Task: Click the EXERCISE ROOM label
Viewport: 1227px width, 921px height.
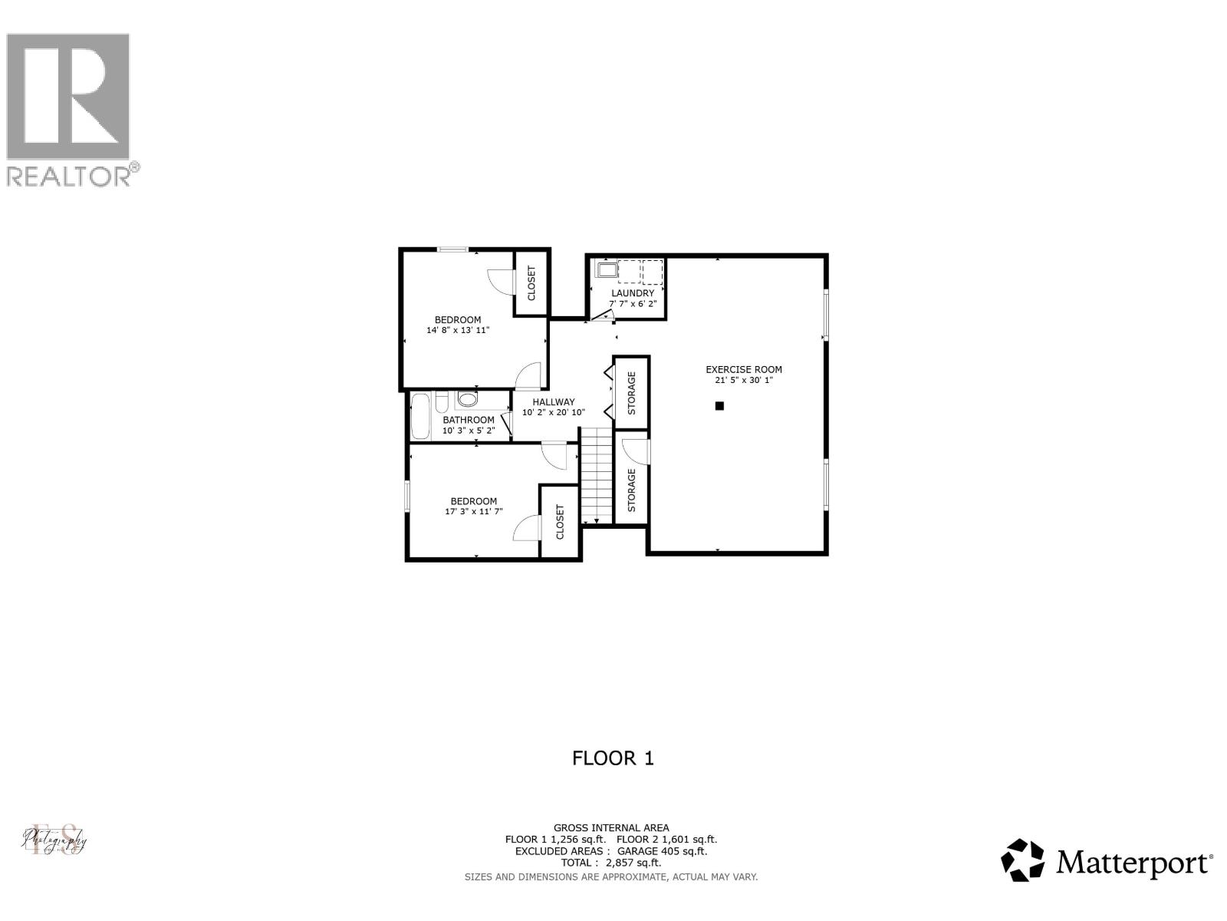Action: [744, 369]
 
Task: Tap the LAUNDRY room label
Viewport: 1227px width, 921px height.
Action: [633, 293]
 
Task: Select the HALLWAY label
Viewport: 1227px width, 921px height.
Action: [554, 401]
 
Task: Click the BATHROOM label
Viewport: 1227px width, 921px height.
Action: [468, 420]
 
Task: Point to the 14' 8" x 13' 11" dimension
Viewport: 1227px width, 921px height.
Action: [458, 330]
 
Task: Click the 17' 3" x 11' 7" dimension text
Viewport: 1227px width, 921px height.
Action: [473, 511]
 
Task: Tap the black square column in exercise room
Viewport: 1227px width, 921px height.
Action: [719, 406]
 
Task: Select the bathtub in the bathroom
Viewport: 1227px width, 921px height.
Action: [419, 415]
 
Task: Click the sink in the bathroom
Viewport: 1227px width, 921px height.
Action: [467, 399]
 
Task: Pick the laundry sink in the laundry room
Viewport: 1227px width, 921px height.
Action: [607, 270]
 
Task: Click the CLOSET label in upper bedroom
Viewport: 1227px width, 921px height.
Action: [531, 283]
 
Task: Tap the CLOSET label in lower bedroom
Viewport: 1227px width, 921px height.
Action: [560, 521]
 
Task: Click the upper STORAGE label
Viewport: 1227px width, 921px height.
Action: [632, 393]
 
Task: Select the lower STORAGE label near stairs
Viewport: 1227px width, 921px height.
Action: [632, 490]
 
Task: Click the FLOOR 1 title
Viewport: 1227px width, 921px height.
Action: [613, 758]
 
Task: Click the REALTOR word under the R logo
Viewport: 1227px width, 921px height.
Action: [69, 177]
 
